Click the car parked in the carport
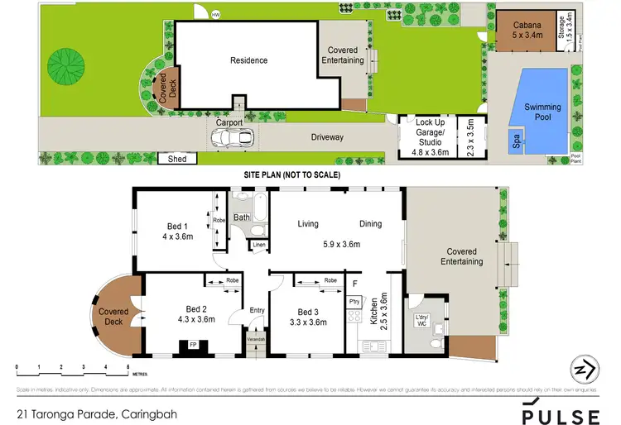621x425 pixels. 229,138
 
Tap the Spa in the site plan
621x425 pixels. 515,143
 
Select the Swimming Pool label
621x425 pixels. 543,112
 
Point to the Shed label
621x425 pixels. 176,158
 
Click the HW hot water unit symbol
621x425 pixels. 216,15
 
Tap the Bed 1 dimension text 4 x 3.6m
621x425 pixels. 177,236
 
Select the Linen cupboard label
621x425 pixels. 259,246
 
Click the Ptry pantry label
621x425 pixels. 354,302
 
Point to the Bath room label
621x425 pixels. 242,218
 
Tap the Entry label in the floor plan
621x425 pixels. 258,310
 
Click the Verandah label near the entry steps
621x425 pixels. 257,339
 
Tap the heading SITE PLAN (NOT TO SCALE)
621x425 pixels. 291,175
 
